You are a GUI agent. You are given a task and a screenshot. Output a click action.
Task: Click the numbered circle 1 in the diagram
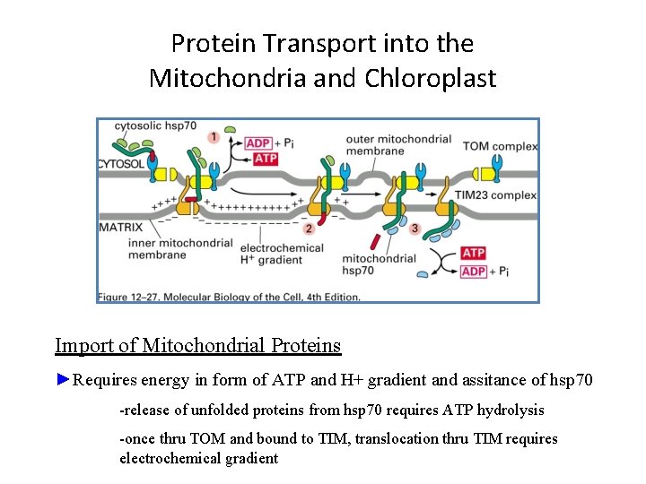[x=214, y=137]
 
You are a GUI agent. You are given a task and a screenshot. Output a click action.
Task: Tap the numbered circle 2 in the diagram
[x=309, y=229]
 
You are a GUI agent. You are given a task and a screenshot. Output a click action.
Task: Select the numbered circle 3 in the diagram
[x=414, y=229]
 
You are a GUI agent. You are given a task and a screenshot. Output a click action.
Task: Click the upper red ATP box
[x=266, y=159]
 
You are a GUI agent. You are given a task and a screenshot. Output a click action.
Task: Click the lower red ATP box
[x=473, y=254]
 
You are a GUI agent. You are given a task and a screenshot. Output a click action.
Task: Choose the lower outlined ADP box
[x=473, y=272]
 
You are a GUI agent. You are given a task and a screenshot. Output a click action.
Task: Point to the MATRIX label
[x=121, y=228]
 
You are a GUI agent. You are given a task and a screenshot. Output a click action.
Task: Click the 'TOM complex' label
[x=500, y=146]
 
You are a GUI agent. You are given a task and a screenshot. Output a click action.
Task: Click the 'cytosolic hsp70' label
[x=155, y=125]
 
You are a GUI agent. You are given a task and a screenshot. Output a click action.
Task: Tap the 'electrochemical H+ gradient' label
[x=270, y=253]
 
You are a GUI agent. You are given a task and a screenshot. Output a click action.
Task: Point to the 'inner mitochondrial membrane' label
[x=170, y=248]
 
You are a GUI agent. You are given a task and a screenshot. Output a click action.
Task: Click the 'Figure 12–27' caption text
[x=230, y=297]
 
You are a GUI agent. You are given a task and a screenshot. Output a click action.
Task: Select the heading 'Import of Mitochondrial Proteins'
[x=197, y=345]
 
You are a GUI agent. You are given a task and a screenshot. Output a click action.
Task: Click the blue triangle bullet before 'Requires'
[x=62, y=379]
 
